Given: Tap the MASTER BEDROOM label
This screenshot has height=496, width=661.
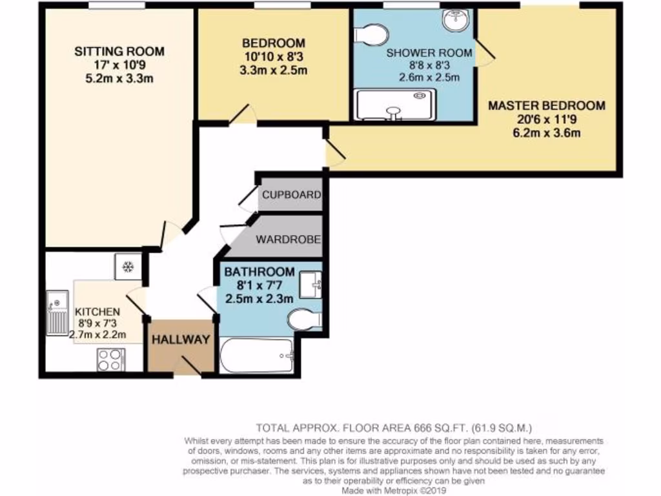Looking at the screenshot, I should click(546, 106).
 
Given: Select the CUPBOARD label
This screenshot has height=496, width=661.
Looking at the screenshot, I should click(290, 194).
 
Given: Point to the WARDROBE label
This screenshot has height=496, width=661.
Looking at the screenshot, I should click(289, 240).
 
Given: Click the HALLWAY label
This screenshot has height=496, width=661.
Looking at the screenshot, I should click(181, 340).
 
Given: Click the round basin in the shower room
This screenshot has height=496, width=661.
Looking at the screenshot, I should click(458, 21).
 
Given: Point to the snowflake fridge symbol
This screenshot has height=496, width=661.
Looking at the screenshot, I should click(127, 266).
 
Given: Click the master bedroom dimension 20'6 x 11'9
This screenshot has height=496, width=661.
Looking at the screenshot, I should click(546, 120).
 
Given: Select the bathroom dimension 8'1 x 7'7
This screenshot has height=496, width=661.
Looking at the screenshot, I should click(259, 285).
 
